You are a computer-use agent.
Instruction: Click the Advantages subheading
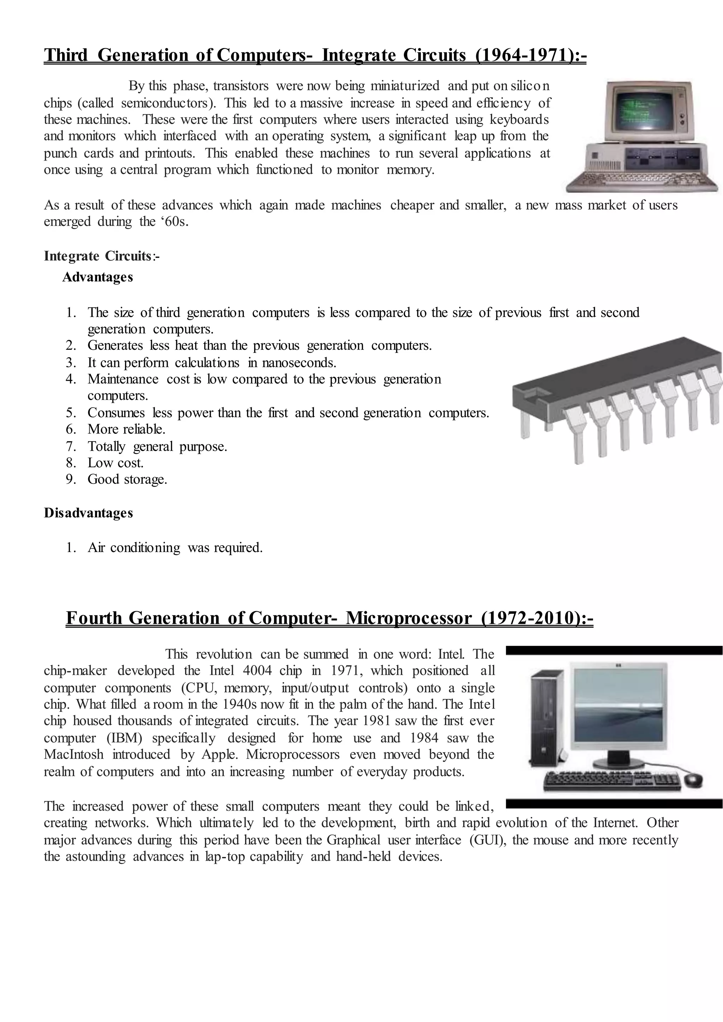[97, 277]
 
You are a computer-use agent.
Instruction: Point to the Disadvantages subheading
[88, 513]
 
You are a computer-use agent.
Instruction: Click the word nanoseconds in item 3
[299, 362]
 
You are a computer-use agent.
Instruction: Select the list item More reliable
[126, 429]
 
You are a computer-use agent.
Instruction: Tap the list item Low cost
[115, 463]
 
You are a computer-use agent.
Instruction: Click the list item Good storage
[127, 479]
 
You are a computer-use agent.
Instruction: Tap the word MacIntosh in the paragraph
[73, 755]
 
